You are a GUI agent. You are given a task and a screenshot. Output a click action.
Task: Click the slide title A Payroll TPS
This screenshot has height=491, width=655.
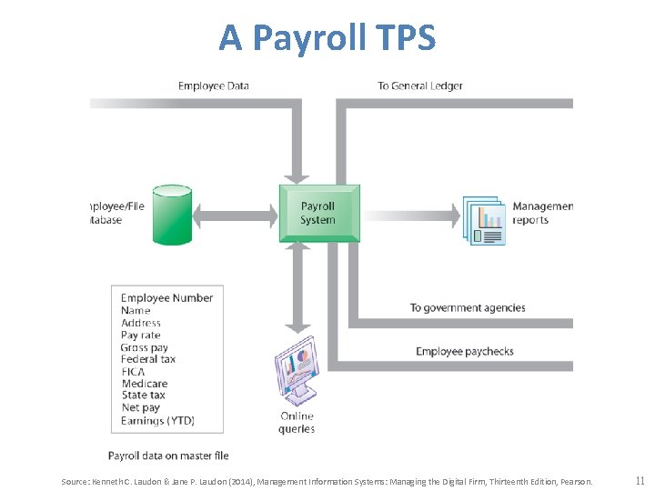pos(327,38)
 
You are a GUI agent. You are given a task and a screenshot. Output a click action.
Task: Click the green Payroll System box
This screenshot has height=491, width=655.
pos(318,214)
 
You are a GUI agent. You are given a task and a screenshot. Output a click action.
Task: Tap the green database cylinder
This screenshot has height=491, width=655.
pos(172,215)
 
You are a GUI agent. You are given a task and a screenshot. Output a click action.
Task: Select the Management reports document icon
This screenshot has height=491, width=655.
pos(483,220)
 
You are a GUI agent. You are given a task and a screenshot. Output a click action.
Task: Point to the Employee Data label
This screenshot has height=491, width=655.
pos(213,86)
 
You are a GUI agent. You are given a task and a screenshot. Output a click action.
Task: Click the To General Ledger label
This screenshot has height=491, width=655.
pos(420,86)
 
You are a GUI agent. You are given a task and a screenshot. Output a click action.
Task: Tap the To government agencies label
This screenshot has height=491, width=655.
pos(468,307)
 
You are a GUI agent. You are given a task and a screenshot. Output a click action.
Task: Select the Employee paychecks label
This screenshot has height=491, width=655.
pos(465,351)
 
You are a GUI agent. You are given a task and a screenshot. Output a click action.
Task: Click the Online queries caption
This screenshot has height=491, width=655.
pos(297,423)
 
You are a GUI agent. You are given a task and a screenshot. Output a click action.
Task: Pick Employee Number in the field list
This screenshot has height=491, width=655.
pos(167,298)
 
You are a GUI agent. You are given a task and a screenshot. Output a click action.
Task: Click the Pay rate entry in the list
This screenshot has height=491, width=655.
pos(141,336)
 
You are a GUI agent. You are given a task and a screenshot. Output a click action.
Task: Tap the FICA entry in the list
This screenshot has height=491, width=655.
pos(133,372)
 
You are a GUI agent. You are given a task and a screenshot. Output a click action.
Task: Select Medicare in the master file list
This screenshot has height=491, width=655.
pos(145,384)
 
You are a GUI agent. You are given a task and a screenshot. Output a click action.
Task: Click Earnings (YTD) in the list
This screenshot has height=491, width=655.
pos(158,420)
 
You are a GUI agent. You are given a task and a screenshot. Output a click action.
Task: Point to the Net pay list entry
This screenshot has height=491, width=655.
pos(141,408)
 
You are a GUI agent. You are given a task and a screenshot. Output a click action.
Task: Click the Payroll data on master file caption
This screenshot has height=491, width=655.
pos(168,456)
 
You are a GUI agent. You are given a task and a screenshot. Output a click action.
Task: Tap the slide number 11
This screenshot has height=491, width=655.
pos(640,480)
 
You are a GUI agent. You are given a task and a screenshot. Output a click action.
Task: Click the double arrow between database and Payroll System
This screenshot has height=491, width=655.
pos(235,215)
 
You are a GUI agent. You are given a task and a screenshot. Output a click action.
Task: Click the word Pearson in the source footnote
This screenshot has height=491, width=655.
pos(575,481)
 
